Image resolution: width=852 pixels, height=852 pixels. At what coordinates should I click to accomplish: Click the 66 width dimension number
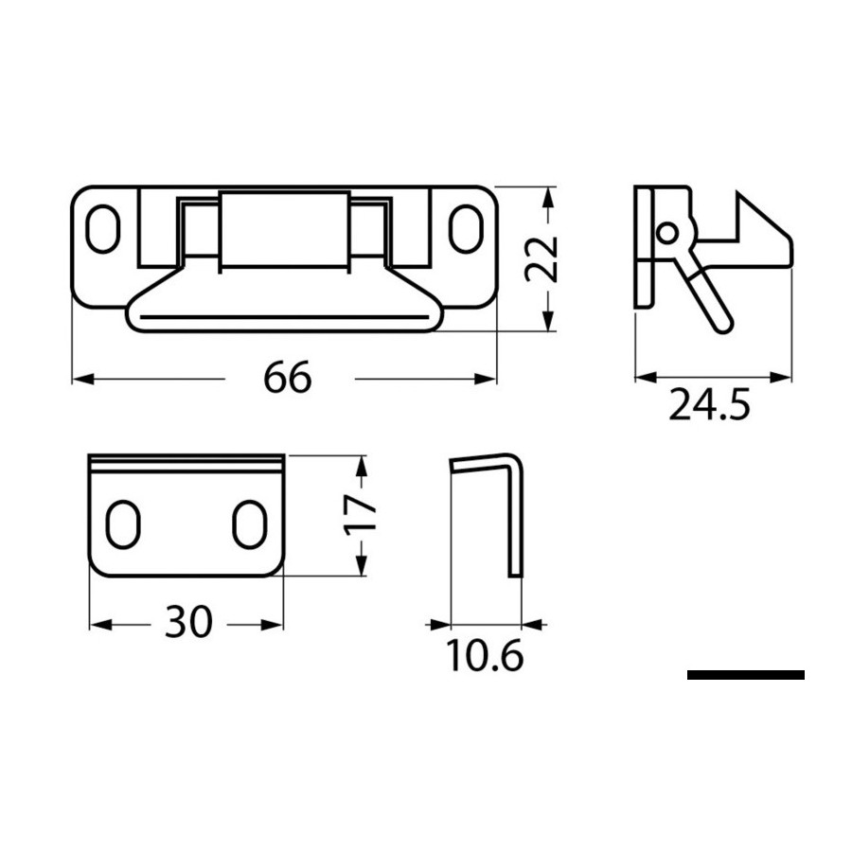point(288,377)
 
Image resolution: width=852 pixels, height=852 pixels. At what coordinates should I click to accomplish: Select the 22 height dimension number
point(542,258)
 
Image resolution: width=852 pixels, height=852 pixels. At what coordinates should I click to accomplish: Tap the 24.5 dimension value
point(709,404)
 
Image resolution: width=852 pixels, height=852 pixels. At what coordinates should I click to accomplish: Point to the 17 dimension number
point(361,514)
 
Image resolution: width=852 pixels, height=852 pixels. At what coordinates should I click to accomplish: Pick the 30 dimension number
point(188,622)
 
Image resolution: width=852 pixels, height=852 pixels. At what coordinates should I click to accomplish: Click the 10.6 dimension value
point(486,655)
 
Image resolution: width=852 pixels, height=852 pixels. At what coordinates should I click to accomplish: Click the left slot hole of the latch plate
point(103,229)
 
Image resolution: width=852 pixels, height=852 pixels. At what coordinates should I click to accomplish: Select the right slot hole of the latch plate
point(466,229)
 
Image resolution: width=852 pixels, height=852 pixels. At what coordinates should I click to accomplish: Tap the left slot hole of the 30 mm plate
point(123,524)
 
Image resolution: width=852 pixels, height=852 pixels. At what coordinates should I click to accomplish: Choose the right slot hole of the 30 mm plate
point(250,524)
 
